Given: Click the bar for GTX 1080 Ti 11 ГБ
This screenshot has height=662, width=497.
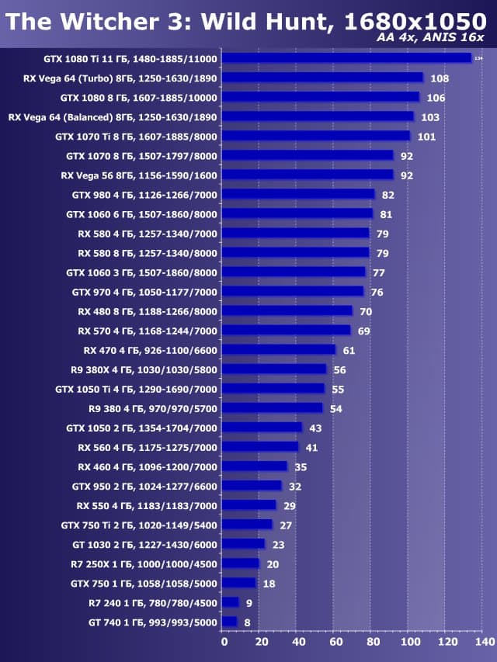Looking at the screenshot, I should coord(347,58).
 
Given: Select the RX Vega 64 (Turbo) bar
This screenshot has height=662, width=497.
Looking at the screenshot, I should coord(323,78).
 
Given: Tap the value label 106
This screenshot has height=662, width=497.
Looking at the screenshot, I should coord(436,98).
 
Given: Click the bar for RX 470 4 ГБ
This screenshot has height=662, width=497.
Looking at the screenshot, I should coord(280,350).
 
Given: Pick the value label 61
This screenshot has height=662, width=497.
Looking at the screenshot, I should coord(349,351).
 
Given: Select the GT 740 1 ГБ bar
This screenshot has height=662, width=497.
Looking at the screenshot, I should coord(230,622).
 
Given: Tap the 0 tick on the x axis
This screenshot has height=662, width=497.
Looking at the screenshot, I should coord(224,642).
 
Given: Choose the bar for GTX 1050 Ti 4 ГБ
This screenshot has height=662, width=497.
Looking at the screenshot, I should coord(273,389).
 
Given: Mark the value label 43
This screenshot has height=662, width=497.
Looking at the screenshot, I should coord(315,428).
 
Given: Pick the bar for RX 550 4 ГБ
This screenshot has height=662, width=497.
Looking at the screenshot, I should coord(249,505).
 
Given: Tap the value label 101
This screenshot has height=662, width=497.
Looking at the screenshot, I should coord(426,137).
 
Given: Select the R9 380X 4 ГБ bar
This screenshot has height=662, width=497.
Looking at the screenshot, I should coord(275,369).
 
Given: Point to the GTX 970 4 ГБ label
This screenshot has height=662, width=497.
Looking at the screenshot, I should coord(145,292).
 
